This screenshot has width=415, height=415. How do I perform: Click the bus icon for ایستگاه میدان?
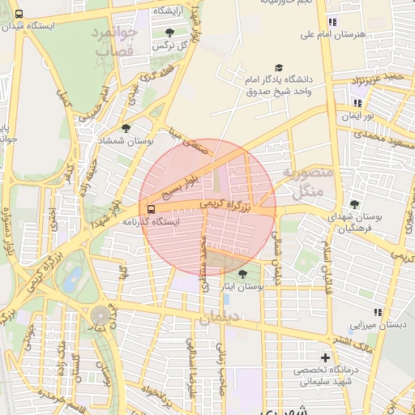(x=19, y=14)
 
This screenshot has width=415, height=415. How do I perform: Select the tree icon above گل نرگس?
(x=169, y=33)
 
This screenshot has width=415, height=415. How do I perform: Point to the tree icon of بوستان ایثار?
(x=242, y=274)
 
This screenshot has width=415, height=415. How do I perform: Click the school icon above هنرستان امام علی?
(x=331, y=22)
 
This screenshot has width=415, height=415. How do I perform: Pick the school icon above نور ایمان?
(x=357, y=103)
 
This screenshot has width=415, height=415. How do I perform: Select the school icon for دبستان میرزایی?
(x=377, y=312)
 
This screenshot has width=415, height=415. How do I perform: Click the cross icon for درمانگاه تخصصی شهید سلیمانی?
(x=326, y=357)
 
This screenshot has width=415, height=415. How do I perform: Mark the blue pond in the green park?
(x=73, y=280)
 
